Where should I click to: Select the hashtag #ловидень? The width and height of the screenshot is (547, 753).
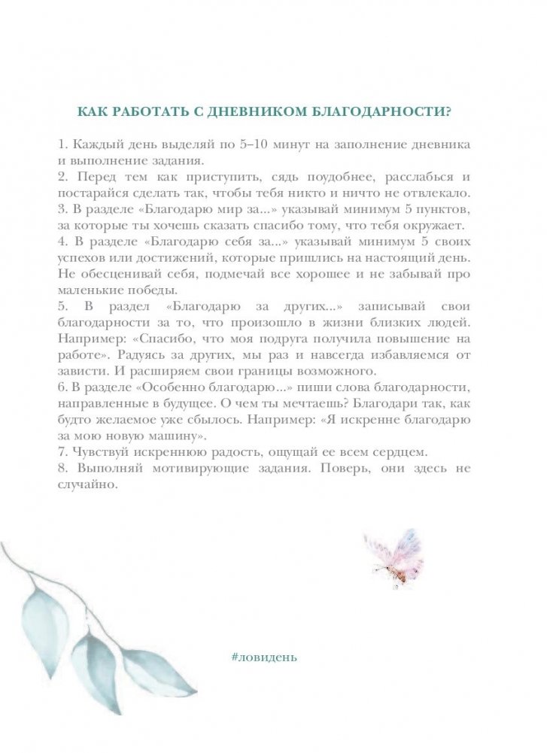point(266,655)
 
